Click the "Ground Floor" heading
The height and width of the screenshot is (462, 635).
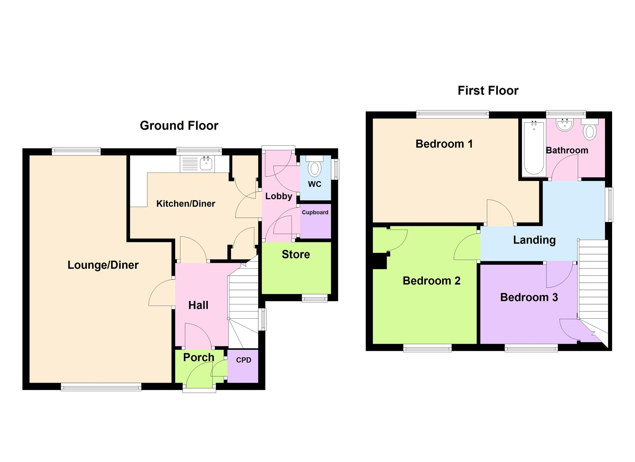pyautogui.click(x=179, y=126)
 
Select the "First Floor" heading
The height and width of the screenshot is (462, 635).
pyautogui.click(x=488, y=91)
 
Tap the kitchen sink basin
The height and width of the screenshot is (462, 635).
pyautogui.click(x=206, y=163)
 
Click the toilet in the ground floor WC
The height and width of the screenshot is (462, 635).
pyautogui.click(x=314, y=167)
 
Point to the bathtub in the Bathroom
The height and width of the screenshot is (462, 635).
pyautogui.click(x=534, y=148)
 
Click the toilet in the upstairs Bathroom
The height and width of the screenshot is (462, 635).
pyautogui.click(x=590, y=129)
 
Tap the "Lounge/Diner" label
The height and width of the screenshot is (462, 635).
pyautogui.click(x=103, y=265)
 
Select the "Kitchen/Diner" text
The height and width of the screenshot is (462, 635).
pyautogui.click(x=186, y=204)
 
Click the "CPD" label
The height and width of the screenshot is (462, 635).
pyautogui.click(x=244, y=360)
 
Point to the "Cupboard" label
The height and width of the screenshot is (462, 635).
pyautogui.click(x=315, y=212)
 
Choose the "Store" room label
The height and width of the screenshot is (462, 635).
pyautogui.click(x=296, y=254)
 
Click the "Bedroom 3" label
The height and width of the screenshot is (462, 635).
pyautogui.click(x=529, y=297)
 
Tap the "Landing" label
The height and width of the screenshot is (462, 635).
pyautogui.click(x=534, y=240)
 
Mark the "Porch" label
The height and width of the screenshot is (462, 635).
pyautogui.click(x=199, y=357)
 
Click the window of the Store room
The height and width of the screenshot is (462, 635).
pyautogui.click(x=315, y=298)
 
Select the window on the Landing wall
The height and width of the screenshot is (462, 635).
pyautogui.click(x=609, y=204)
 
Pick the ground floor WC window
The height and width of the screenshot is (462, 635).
pyautogui.click(x=335, y=169)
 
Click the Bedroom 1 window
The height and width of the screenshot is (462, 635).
pyautogui.click(x=452, y=114)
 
